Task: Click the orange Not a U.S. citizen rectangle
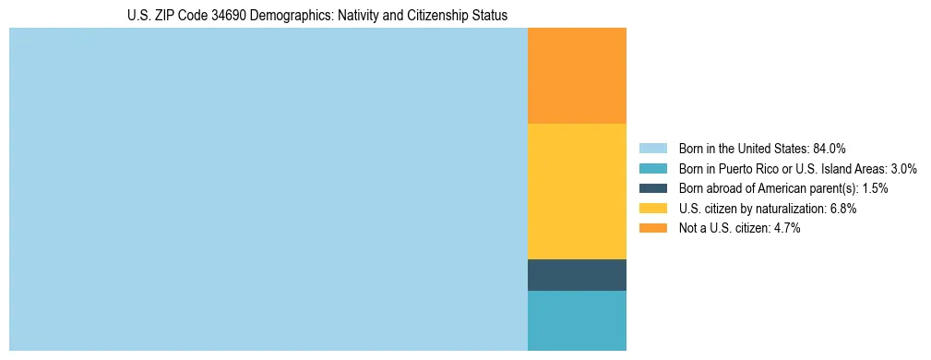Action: point(577,76)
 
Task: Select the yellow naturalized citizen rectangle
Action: point(577,191)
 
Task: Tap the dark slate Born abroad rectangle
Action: point(577,275)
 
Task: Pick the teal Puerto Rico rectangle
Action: point(577,320)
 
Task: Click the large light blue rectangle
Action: point(268,189)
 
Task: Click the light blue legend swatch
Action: point(652,148)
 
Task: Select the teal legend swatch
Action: point(652,168)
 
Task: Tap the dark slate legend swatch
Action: point(652,188)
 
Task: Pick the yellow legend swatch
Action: point(652,209)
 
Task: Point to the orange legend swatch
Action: point(652,229)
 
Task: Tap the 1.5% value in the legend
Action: point(875,188)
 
